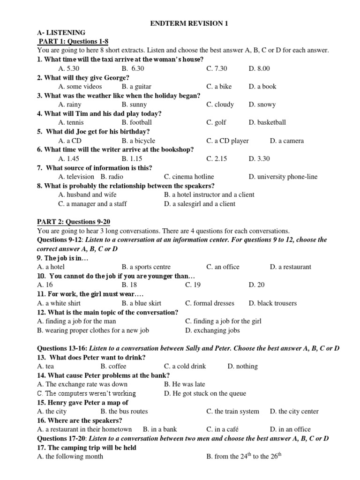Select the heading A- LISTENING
point(61,32)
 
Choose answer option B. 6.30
point(132,68)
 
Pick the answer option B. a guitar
point(136,86)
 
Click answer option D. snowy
point(262,105)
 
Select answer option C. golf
point(216,122)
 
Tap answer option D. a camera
point(287,141)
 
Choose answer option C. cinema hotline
point(189,177)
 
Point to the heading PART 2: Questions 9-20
point(74,222)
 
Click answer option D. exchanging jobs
point(212,330)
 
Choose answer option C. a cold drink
point(185,366)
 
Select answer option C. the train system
point(232,411)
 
